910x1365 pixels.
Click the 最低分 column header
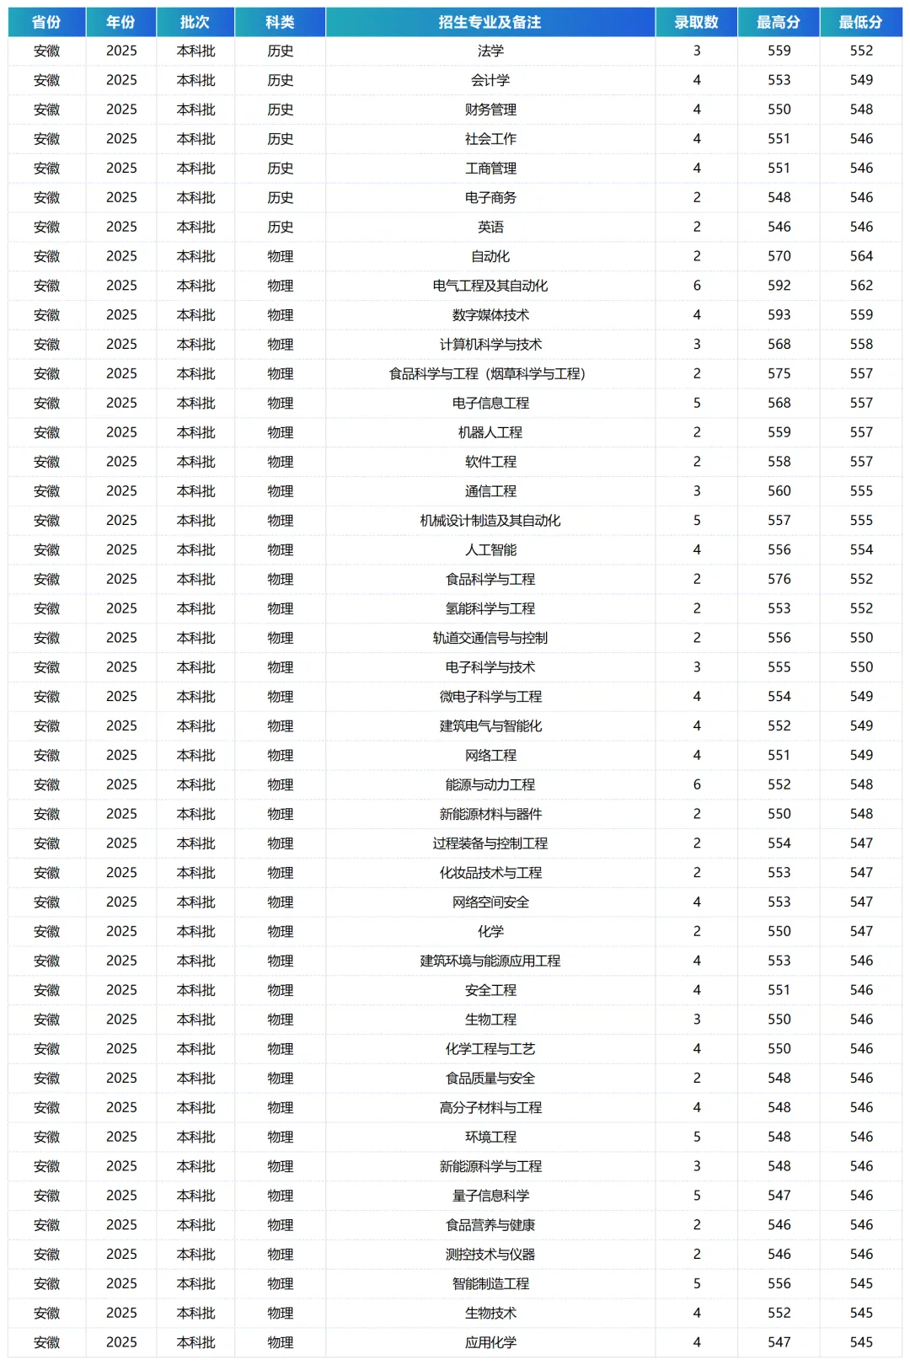click(x=860, y=22)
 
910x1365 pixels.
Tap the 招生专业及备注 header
click(x=490, y=22)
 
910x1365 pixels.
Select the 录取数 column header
click(x=696, y=22)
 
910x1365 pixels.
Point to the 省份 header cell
click(x=46, y=22)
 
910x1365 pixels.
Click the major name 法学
click(x=490, y=51)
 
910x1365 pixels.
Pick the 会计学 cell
click(x=490, y=80)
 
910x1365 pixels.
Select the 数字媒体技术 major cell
click(x=490, y=315)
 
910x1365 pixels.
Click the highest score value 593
click(x=779, y=315)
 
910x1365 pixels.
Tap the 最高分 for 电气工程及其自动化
click(x=779, y=286)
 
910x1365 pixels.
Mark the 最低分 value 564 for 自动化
click(x=861, y=256)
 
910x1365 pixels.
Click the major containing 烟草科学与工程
click(x=487, y=373)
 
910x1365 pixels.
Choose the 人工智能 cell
click(x=490, y=549)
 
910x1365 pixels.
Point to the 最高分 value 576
click(x=779, y=579)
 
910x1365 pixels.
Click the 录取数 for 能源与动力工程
click(x=697, y=784)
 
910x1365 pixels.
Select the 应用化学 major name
click(x=490, y=1342)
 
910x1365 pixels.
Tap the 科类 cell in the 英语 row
click(x=280, y=227)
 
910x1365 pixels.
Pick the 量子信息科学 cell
click(x=490, y=1196)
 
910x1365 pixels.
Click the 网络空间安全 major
click(x=490, y=902)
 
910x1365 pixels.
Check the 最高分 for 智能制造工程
click(x=779, y=1283)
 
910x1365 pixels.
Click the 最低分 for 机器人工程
click(x=861, y=432)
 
